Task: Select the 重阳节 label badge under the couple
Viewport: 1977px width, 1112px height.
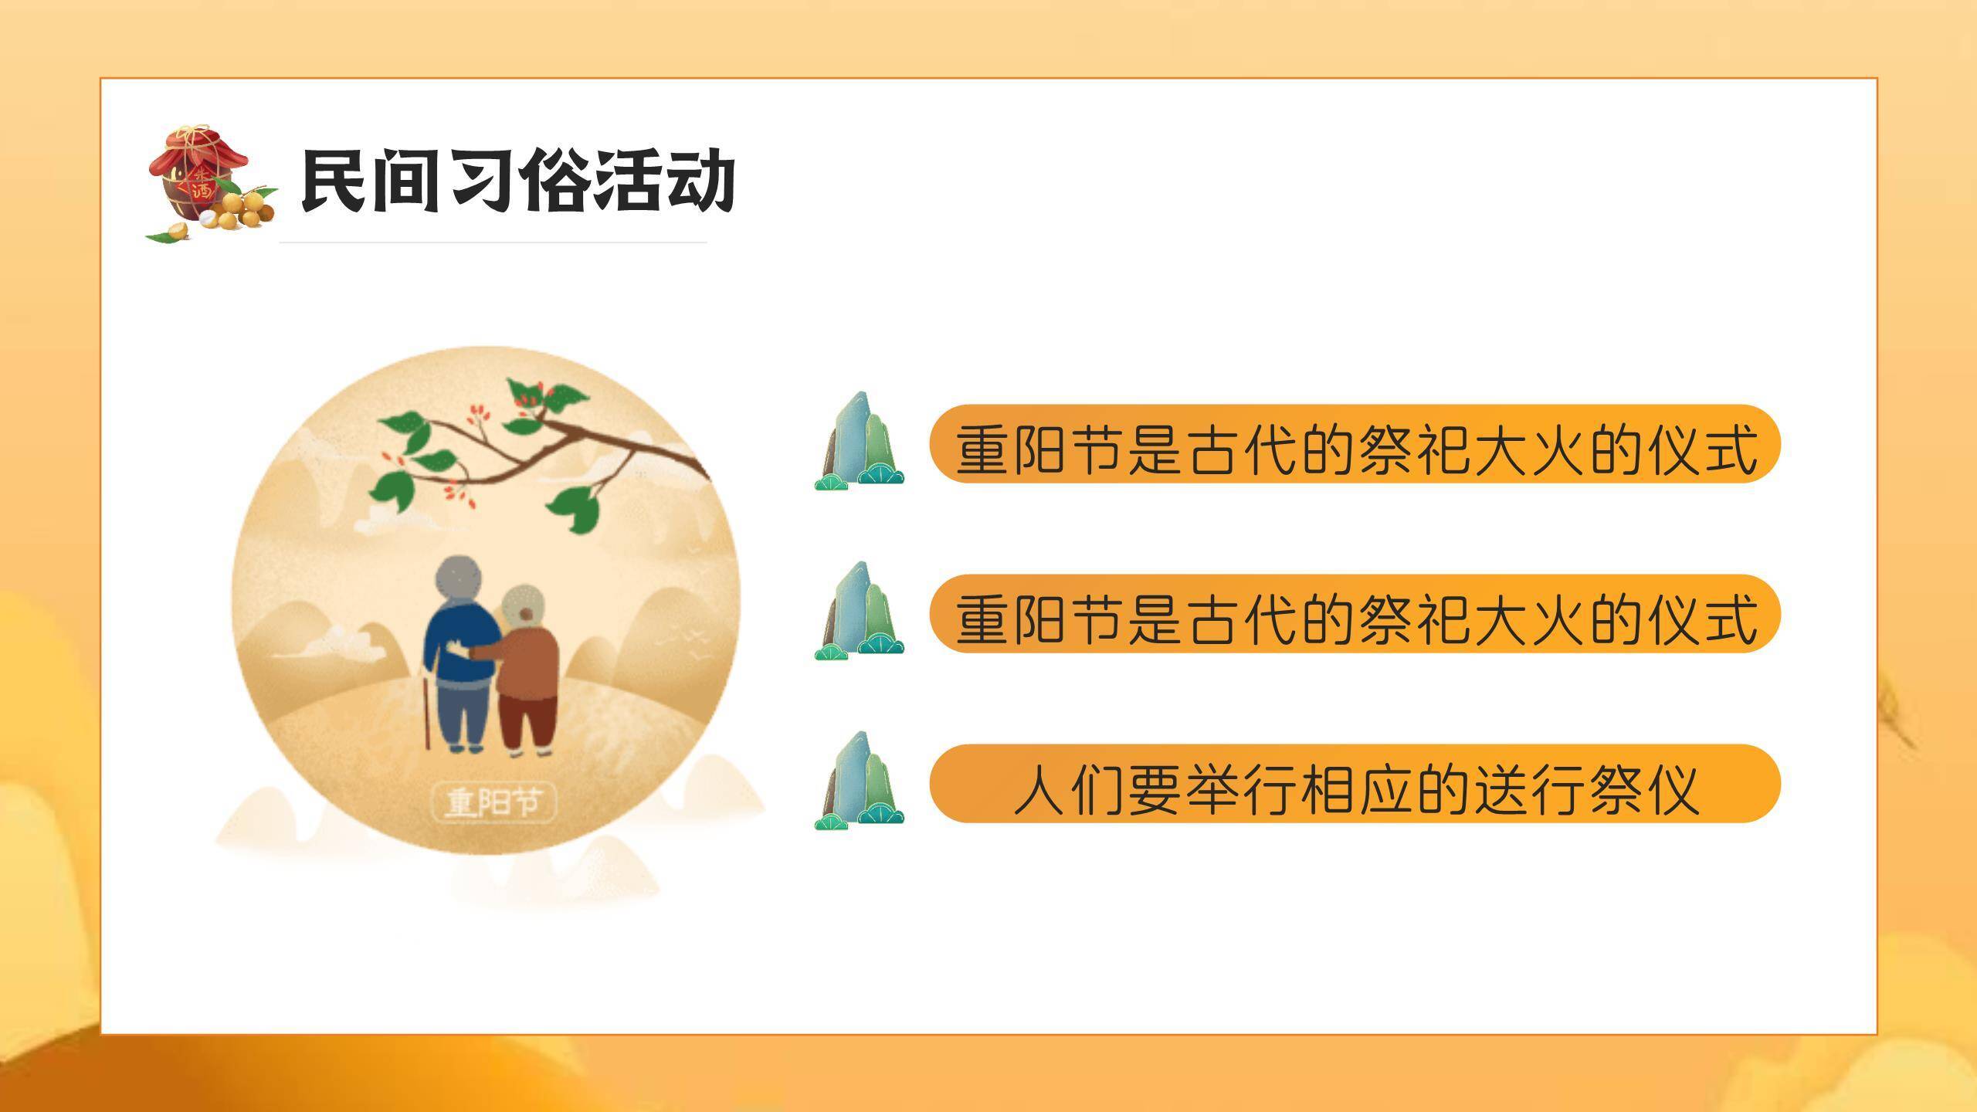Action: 493,803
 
